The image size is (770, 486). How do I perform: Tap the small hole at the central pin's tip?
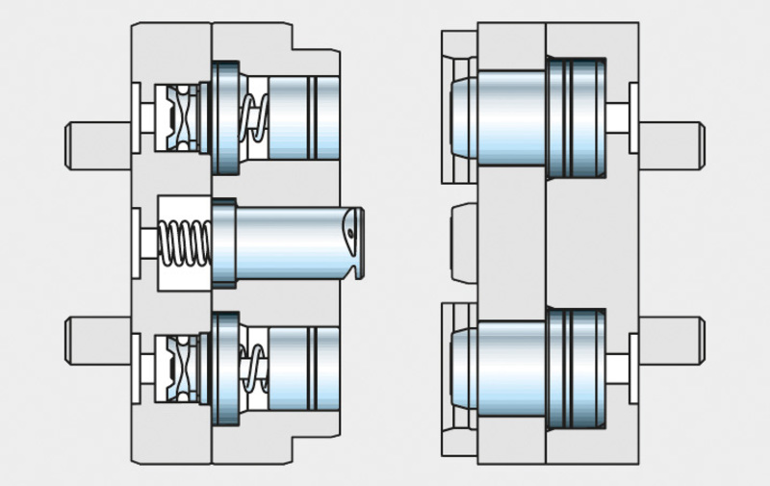352,232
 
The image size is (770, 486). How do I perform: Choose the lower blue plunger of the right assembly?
510,366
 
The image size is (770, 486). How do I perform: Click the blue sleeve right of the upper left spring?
303,115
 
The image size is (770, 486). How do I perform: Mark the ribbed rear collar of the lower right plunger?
577,366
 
